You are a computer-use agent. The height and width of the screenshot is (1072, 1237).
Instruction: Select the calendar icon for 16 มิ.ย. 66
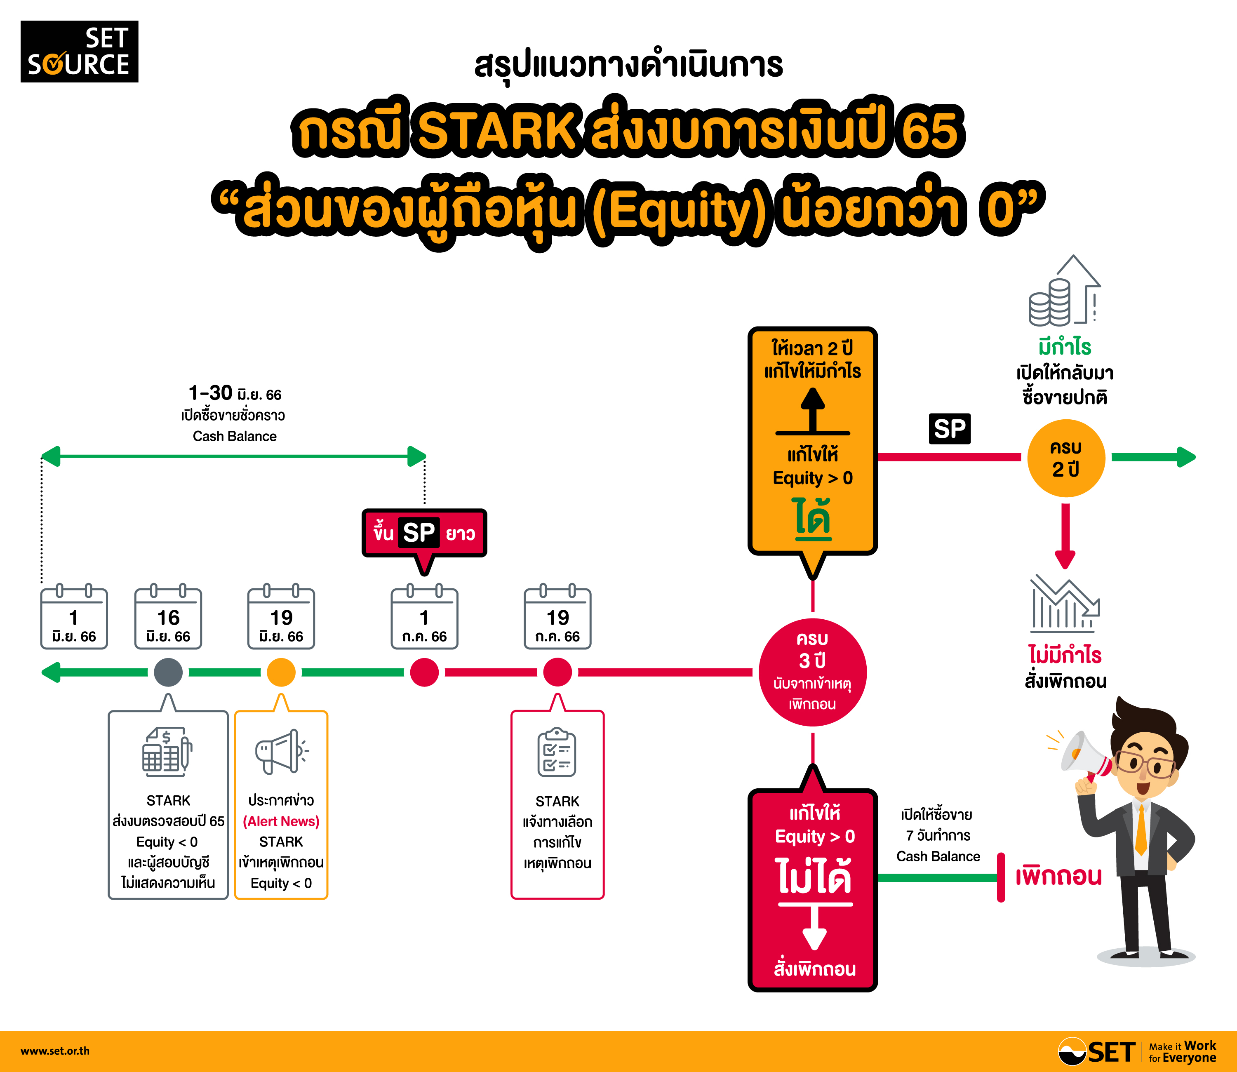[168, 616]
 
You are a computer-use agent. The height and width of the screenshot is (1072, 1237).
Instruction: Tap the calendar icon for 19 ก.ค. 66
[557, 616]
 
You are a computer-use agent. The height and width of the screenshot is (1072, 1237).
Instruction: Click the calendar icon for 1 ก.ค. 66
[424, 616]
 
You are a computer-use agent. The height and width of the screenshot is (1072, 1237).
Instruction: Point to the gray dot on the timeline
[168, 672]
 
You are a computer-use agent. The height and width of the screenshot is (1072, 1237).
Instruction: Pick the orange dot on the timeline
[281, 672]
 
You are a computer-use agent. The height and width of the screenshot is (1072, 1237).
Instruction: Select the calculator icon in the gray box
[167, 752]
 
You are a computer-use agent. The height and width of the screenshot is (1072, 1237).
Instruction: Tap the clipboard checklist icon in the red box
[557, 752]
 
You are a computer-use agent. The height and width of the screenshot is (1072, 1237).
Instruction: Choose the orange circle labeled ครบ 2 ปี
[1066, 458]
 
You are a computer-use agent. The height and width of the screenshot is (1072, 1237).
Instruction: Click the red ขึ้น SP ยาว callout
[424, 533]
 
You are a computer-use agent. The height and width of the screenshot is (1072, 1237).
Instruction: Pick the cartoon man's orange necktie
[1141, 830]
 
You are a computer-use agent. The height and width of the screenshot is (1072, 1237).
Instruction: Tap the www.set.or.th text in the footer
[55, 1051]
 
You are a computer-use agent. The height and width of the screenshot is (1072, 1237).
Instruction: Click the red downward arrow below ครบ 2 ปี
[1065, 536]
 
